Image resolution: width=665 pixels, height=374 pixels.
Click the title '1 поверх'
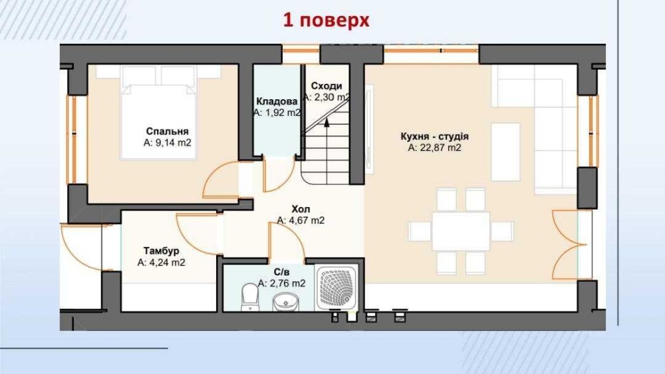point(326,20)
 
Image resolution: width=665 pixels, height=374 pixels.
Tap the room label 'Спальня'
point(167,132)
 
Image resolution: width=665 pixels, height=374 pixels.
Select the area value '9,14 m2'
point(173,142)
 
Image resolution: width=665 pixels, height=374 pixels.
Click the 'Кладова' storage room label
point(277,101)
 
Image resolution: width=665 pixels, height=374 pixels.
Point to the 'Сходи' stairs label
point(326,86)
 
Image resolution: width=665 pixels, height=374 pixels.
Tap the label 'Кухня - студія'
point(434,136)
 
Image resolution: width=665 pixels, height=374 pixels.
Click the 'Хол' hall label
point(301,209)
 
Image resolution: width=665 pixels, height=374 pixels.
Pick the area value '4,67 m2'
point(307,220)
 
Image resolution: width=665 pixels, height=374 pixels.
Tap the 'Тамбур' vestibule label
point(161,251)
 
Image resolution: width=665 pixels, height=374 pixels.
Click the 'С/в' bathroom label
point(281,272)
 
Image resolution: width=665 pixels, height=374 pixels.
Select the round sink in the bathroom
point(285,301)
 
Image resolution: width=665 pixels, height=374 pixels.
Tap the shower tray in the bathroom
point(338,288)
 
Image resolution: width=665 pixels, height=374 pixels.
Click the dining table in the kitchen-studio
point(461,232)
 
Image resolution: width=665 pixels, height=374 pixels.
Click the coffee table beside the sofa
point(505,152)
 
